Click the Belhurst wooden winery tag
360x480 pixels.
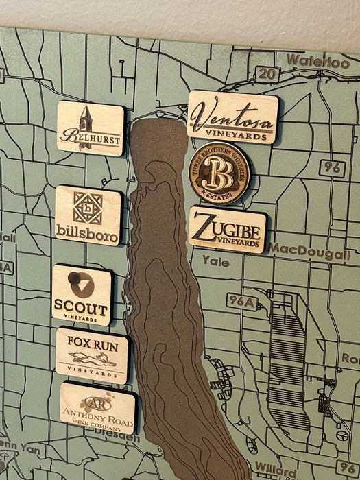click(x=91, y=128)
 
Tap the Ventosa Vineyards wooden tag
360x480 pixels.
click(x=233, y=117)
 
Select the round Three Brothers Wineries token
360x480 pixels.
click(x=219, y=173)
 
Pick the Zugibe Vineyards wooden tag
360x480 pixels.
click(x=227, y=230)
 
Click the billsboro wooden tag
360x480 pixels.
click(x=88, y=215)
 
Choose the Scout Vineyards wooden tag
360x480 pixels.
click(x=82, y=295)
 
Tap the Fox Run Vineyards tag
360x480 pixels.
click(x=91, y=354)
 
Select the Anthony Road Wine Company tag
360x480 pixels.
click(x=97, y=407)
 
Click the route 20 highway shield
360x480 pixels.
click(x=265, y=73)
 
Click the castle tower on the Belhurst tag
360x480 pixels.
click(x=86, y=117)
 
